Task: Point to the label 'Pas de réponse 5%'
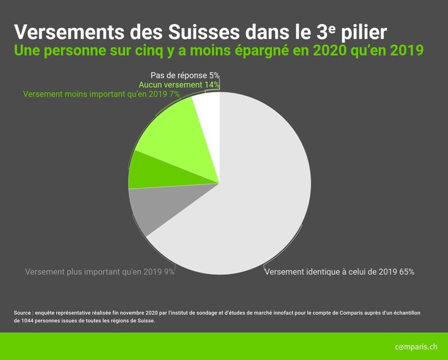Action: click(185, 75)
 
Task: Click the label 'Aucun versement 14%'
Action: click(179, 85)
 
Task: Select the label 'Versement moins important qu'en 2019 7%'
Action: click(102, 94)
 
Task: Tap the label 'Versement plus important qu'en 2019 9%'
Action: click(100, 272)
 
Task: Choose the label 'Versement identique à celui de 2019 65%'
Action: click(339, 272)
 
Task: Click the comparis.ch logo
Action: click(415, 347)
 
